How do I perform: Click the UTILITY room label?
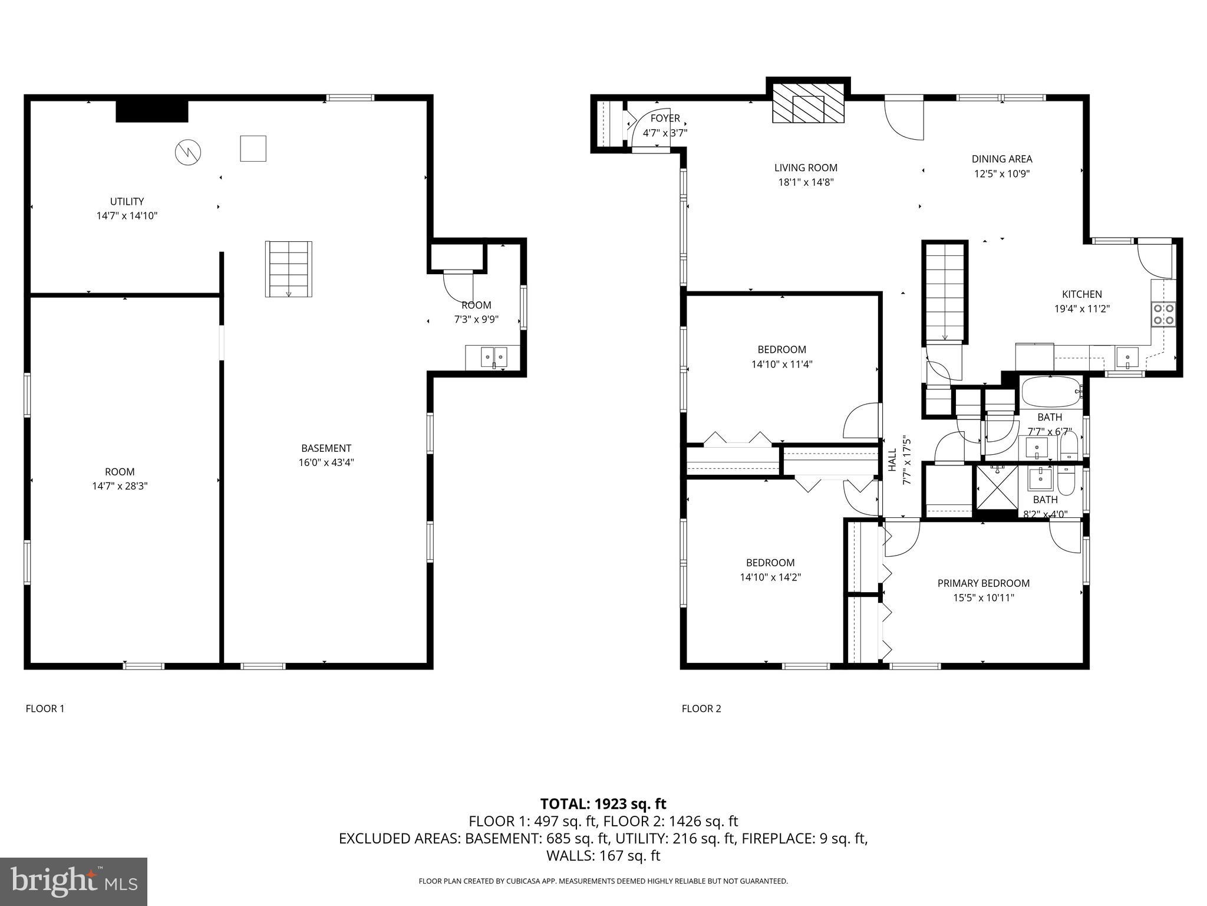click(x=127, y=202)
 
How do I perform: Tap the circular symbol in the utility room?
click(x=188, y=152)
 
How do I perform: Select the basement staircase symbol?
click(x=288, y=268)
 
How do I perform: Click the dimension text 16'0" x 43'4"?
click(x=326, y=462)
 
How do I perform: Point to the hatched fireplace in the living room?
click(x=808, y=109)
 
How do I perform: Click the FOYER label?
click(x=665, y=119)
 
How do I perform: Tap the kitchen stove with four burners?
click(x=1163, y=314)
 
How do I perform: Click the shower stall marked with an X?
click(x=997, y=487)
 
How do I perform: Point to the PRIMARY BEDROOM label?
click(x=984, y=583)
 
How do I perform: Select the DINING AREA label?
click(x=1002, y=159)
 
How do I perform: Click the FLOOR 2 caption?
click(x=701, y=708)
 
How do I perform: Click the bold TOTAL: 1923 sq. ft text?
click(x=603, y=804)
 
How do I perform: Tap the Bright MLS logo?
click(x=74, y=881)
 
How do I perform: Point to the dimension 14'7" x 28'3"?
click(x=120, y=486)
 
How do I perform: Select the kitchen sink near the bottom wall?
click(x=1127, y=357)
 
